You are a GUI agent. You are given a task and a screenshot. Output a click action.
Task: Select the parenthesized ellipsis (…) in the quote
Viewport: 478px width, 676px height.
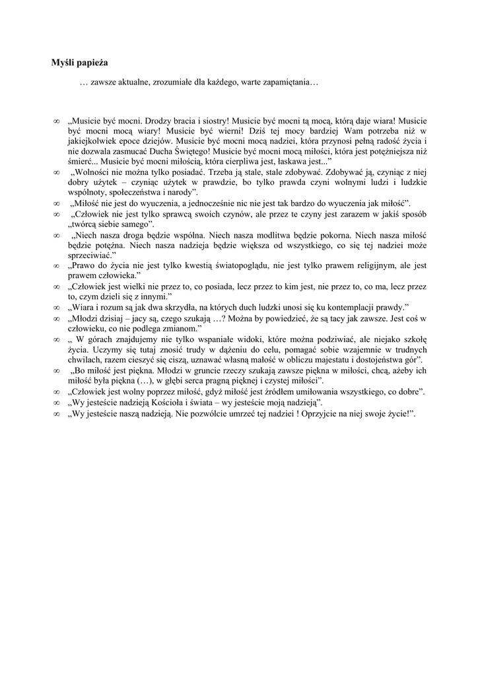pyautogui.click(x=144, y=381)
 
